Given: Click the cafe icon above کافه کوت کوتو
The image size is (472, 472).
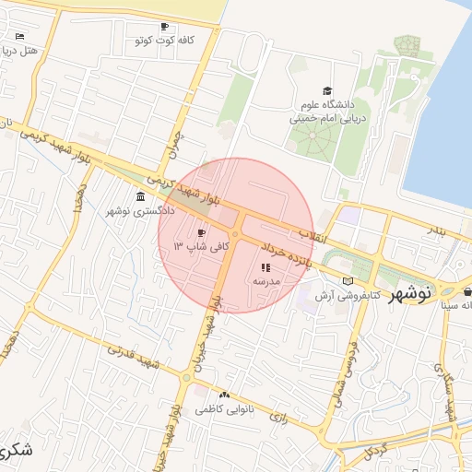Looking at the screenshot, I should pos(165,27).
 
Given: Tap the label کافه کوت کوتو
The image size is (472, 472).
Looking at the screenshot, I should pos(154,41).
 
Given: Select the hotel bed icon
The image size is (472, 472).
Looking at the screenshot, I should pos(20,36).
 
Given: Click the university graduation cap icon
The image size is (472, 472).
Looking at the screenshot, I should pos(328,89).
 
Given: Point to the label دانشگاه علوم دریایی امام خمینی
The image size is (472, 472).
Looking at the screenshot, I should pos(329,112).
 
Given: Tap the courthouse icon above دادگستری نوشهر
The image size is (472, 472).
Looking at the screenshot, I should pos(140,197).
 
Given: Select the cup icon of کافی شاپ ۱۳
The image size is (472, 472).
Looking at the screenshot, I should pos(202,233).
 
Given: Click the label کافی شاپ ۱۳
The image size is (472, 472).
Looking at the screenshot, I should pos(193,247).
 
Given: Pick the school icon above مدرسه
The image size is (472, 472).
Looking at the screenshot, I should pos(265,266).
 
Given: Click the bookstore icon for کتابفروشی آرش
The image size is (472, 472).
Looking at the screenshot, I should pos(347,280).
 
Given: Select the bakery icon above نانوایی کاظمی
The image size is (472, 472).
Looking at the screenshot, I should pos(224,395).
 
